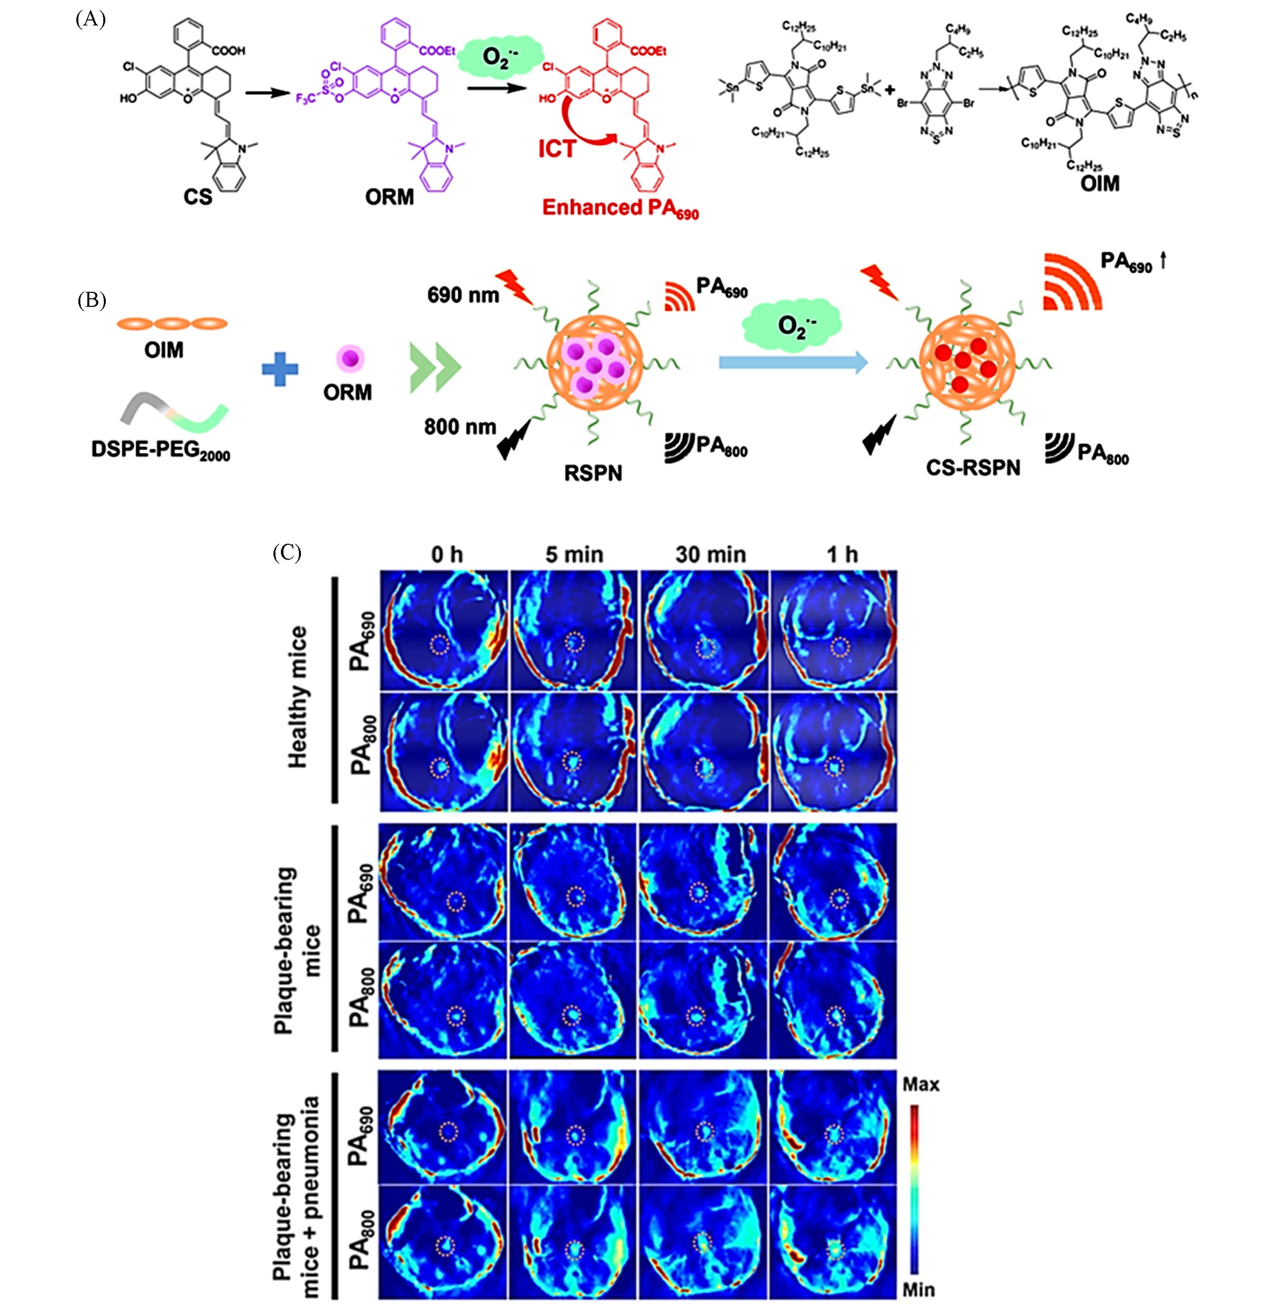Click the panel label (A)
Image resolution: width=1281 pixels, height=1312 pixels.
click(x=91, y=19)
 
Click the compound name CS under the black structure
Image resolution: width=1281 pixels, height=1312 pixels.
click(x=198, y=197)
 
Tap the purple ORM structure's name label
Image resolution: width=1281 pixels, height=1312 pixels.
click(x=390, y=197)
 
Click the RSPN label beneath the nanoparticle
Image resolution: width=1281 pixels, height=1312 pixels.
click(x=593, y=473)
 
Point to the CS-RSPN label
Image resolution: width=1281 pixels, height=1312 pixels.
click(x=973, y=467)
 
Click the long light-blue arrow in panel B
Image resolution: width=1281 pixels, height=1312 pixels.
click(x=793, y=363)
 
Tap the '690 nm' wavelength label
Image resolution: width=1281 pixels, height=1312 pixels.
click(x=463, y=294)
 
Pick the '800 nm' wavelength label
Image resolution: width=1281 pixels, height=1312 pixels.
click(x=460, y=427)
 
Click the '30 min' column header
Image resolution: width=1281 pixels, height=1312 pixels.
click(x=711, y=555)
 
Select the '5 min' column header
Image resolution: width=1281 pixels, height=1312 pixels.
click(x=574, y=555)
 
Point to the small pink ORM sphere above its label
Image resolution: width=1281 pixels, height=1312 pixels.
click(x=350, y=358)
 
